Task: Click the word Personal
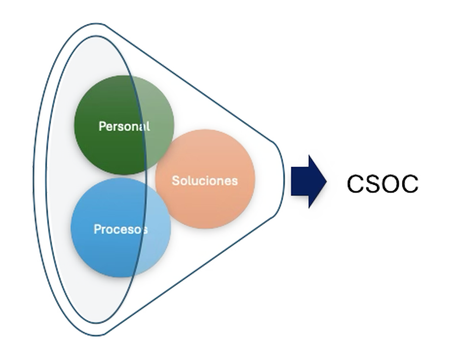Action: pos(124,126)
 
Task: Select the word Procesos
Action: pos(121,229)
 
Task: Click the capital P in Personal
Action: pos(102,126)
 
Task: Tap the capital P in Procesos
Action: pos(97,229)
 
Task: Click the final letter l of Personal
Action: pos(148,126)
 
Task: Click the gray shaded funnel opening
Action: pos(59,178)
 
